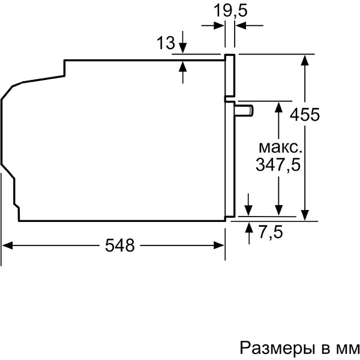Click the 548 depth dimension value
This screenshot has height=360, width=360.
[x=119, y=245]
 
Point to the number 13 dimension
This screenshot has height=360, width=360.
[x=166, y=43]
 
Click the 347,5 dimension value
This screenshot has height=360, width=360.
[x=277, y=165]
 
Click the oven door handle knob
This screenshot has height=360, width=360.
[x=245, y=109]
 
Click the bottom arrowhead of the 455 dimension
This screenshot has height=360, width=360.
[x=306, y=217]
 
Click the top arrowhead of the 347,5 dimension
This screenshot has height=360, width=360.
[x=278, y=105]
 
